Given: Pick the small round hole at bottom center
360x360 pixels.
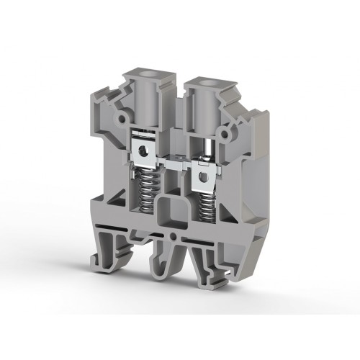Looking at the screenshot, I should (174, 235).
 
